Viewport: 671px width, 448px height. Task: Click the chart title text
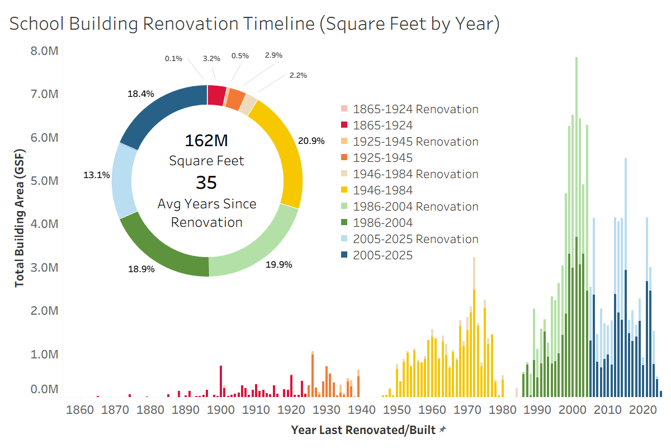[254, 24]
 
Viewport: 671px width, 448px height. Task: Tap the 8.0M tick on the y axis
[44, 51]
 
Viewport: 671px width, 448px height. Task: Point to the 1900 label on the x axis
[221, 409]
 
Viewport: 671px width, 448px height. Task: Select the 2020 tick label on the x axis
[643, 409]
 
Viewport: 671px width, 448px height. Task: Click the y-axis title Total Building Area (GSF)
[20, 218]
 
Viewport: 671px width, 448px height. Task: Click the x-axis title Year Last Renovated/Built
[363, 430]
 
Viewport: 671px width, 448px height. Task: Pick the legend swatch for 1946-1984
[344, 190]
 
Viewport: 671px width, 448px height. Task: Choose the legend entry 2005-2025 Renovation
[410, 239]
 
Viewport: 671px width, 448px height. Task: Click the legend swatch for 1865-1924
[344, 124]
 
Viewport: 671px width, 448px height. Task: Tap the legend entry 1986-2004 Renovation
[410, 207]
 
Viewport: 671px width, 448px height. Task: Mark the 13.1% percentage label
[96, 175]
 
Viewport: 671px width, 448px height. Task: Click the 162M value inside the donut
[206, 141]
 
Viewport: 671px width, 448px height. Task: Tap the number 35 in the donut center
[206, 183]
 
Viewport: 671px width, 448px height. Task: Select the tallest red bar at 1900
[221, 381]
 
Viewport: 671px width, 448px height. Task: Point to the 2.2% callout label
[298, 75]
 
